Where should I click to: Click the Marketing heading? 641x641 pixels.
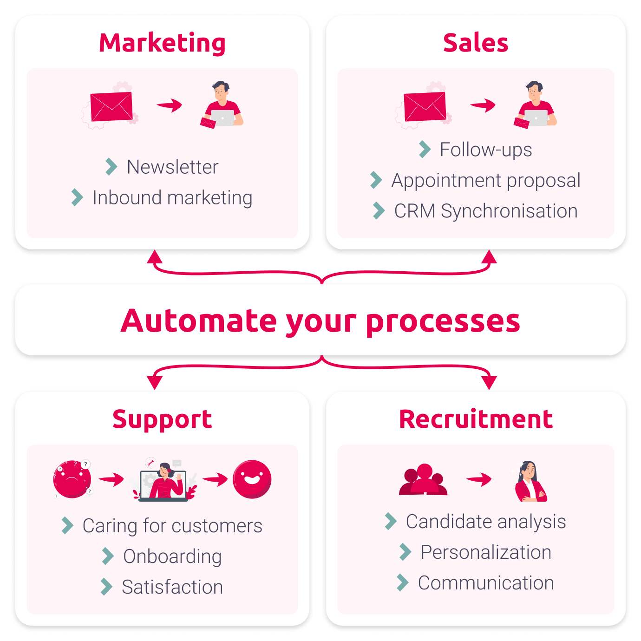click(x=162, y=43)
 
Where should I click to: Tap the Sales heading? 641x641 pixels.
click(x=475, y=43)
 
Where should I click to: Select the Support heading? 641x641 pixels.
click(x=162, y=420)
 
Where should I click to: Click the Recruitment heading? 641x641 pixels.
click(x=476, y=419)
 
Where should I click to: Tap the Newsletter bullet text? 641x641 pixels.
click(x=173, y=167)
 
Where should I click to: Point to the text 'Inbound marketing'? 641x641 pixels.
click(x=172, y=197)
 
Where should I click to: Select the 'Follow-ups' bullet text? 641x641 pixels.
click(x=486, y=150)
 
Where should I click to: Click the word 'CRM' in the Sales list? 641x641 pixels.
click(x=414, y=211)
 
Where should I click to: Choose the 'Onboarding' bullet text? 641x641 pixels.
click(x=172, y=556)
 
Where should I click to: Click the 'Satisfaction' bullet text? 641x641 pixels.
click(x=172, y=587)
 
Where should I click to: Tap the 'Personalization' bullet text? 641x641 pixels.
click(x=486, y=552)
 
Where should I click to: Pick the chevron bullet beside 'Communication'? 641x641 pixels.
click(x=403, y=582)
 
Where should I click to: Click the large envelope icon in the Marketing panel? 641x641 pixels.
click(x=111, y=106)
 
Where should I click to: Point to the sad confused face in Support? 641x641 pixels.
click(x=72, y=479)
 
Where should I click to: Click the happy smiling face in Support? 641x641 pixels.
click(x=252, y=479)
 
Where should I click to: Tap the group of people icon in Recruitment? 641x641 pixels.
click(x=423, y=479)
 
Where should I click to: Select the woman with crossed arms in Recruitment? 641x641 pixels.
click(x=530, y=481)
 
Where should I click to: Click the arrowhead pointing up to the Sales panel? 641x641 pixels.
click(x=489, y=257)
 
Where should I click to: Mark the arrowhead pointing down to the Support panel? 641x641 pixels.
click(x=155, y=383)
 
